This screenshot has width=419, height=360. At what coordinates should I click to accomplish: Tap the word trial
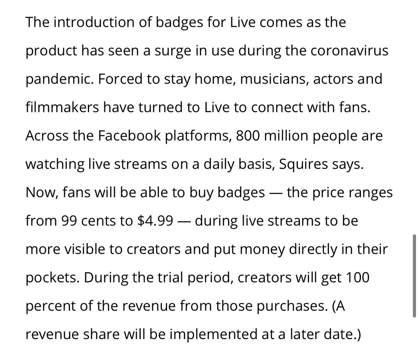(x=182, y=278)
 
